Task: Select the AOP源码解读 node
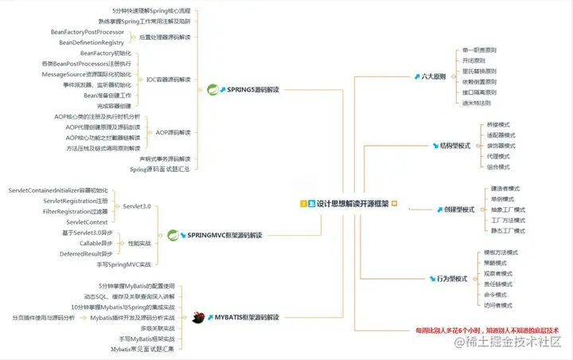[173, 132]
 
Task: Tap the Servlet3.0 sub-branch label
[137, 206]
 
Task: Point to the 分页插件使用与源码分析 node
[44, 317]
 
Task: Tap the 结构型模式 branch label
[456, 146]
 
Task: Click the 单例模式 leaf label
[506, 198]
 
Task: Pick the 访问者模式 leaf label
[499, 305]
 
